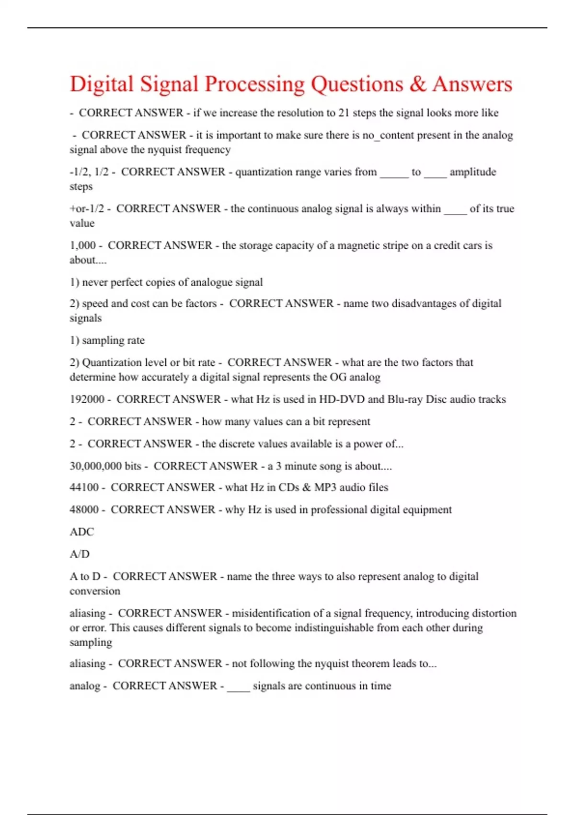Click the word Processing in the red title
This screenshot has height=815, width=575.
point(254,84)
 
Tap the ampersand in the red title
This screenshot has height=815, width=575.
point(418,84)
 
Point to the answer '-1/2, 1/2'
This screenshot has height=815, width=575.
point(89,172)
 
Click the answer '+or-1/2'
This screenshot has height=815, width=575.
point(87,209)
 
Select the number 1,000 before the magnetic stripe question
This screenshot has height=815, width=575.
point(82,245)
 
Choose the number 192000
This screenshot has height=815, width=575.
point(87,399)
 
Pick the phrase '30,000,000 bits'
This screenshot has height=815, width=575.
point(105,466)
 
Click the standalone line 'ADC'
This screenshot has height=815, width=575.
point(81,532)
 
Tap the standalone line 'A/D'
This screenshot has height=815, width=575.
point(80,554)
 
